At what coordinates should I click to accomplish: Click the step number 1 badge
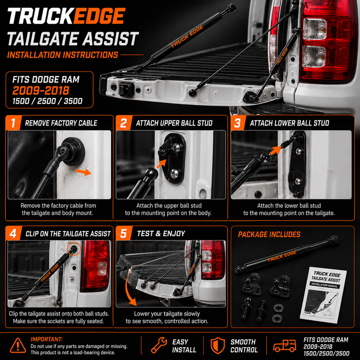click(x=13, y=123)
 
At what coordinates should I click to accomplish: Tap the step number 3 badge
click(x=238, y=123)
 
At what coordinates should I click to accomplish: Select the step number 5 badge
click(x=123, y=233)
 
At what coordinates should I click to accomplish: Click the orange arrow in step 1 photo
click(x=84, y=172)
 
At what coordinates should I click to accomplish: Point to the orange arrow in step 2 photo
click(x=161, y=164)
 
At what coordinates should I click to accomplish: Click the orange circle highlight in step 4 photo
click(x=74, y=249)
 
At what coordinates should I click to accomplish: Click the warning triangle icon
click(x=18, y=345)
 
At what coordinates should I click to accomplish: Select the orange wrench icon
click(x=159, y=345)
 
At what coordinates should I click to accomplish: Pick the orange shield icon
click(x=218, y=345)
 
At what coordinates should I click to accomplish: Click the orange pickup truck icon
click(x=284, y=346)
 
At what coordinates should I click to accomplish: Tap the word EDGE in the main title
click(x=99, y=16)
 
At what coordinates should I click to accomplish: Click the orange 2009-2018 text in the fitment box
click(x=41, y=90)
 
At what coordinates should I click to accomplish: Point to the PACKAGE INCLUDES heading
click(x=269, y=234)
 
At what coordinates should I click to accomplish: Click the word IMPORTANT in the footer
click(x=47, y=339)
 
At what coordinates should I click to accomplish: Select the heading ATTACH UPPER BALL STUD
click(x=174, y=123)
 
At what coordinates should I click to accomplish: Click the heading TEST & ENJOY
click(x=161, y=234)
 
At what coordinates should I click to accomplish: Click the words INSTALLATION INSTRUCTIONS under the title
click(x=62, y=55)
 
